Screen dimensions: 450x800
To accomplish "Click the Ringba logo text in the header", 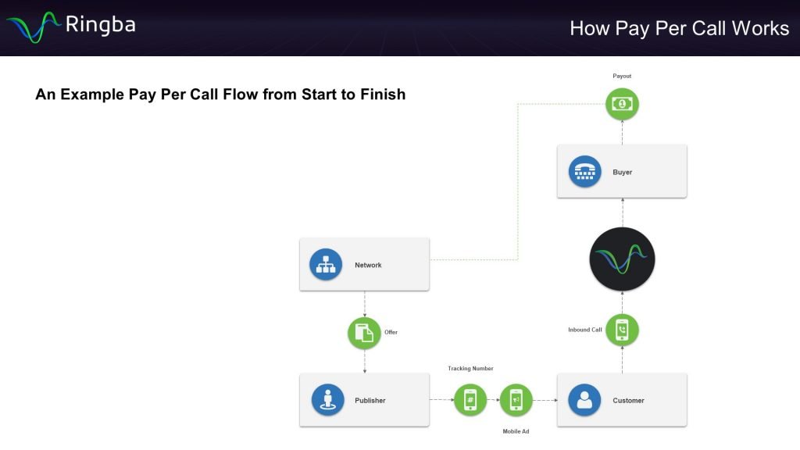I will pos(100,24).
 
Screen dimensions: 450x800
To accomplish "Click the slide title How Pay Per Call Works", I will pos(679,28).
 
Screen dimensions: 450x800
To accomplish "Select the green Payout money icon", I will pos(623,104).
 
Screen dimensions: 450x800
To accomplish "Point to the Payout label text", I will pos(622,76).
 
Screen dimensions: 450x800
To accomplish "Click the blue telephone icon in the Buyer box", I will pos(585,172).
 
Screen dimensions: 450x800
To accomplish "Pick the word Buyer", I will pos(623,172).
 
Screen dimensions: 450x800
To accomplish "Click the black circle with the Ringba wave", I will pos(623,259).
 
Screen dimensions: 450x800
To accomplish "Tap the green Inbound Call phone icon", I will pos(623,330).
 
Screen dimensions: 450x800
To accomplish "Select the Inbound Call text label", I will pos(585,330).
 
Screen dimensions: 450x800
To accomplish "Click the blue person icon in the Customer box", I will pos(584,400).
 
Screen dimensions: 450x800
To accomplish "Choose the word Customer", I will pos(629,400).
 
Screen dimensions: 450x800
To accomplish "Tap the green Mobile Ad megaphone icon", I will pos(516,400).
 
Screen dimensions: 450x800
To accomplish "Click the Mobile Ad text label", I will pos(516,431).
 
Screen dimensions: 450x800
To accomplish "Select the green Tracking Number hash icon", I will pos(470,400).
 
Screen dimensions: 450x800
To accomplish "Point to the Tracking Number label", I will pos(470,369).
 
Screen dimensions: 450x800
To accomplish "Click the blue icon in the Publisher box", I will pos(328,400).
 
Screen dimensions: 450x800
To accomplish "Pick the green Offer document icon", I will pos(364,333).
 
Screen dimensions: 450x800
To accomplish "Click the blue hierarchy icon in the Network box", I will pos(326,265).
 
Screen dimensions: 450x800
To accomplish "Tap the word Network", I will pos(369,265).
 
